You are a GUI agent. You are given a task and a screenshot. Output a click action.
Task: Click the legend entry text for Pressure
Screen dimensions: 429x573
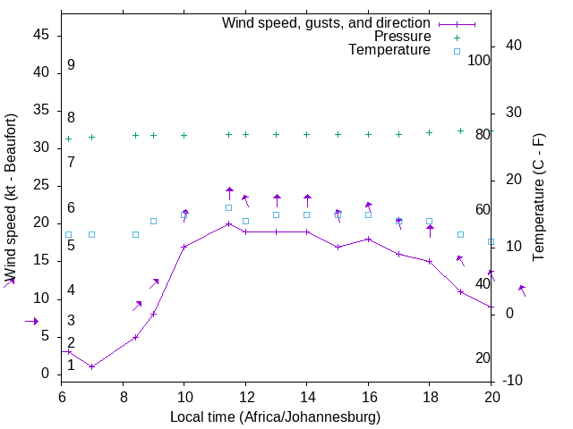(402, 37)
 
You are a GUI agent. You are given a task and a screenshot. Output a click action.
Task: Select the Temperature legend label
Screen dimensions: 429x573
(389, 50)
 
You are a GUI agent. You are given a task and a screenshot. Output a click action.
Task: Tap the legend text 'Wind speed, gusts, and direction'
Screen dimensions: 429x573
(327, 22)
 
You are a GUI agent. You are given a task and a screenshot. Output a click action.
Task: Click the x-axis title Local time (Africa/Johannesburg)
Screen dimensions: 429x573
(275, 417)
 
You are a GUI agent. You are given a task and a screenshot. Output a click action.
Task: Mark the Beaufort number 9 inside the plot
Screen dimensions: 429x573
(71, 65)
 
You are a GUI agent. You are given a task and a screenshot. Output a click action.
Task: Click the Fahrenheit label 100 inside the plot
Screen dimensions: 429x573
(479, 60)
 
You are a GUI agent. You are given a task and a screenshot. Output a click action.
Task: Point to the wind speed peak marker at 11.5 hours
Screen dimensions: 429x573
(229, 223)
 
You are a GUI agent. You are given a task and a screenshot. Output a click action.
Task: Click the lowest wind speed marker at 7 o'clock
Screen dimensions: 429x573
(91, 366)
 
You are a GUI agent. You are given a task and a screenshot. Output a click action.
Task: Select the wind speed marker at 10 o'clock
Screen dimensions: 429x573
(184, 247)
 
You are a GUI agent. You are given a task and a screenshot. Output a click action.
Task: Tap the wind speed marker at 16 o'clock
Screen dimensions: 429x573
(368, 239)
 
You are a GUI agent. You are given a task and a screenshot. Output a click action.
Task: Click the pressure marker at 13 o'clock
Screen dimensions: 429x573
(276, 135)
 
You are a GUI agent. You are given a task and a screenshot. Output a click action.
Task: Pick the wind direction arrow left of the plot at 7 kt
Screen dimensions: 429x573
(32, 321)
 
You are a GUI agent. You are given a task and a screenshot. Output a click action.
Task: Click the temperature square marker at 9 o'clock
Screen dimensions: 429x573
(153, 221)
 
